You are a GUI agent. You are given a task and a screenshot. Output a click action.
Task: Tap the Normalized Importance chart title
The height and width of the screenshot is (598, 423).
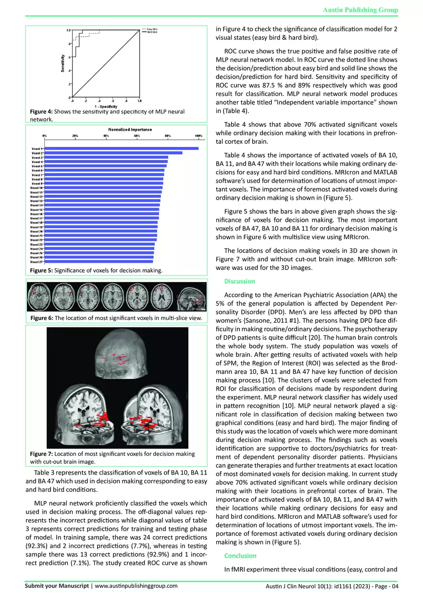pos(130,130)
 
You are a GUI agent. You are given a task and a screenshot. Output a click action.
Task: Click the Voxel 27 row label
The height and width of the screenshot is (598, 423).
pos(37,262)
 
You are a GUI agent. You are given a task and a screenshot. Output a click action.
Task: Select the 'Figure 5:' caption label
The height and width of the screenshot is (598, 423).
pos(41,271)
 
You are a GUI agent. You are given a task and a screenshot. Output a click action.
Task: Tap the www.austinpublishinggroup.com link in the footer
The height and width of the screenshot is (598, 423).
pos(137,586)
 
